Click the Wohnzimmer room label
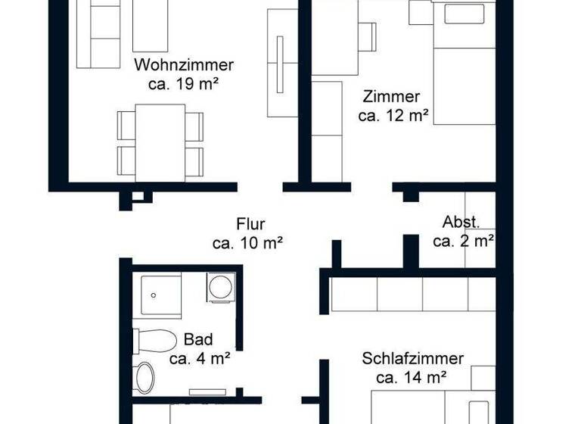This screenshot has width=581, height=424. (x=184, y=65)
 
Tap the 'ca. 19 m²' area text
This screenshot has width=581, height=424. (x=184, y=84)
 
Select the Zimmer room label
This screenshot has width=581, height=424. (x=391, y=97)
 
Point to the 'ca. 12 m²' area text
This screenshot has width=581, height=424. (x=393, y=116)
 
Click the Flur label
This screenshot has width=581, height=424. (x=250, y=224)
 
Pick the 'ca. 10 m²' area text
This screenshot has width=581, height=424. (x=247, y=243)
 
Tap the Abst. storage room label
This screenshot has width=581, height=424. (x=461, y=223)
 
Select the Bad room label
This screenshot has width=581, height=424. (x=198, y=339)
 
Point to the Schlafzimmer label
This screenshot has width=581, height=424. (x=412, y=358)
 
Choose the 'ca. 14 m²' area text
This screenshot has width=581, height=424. (x=412, y=376)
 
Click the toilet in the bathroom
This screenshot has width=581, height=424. (x=154, y=341)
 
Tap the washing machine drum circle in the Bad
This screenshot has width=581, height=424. (x=221, y=288)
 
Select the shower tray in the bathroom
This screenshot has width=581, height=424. (x=160, y=297)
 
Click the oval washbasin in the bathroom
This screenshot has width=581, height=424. (x=144, y=377)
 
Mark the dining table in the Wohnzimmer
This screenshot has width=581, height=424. (x=160, y=142)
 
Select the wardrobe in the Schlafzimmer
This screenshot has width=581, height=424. (x=412, y=295)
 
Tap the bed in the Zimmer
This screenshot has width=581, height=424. (x=463, y=64)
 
